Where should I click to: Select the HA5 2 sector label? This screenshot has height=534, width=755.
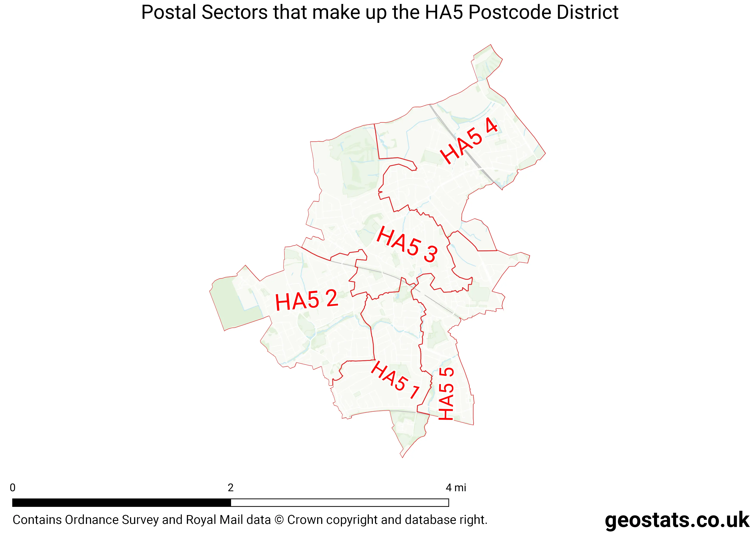click(x=307, y=300)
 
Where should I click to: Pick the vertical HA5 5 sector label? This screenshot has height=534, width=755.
click(x=446, y=394)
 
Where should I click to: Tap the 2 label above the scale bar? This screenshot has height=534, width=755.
click(x=231, y=488)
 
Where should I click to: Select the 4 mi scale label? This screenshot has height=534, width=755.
click(x=456, y=488)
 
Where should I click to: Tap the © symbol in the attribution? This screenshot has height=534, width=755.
click(x=279, y=520)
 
